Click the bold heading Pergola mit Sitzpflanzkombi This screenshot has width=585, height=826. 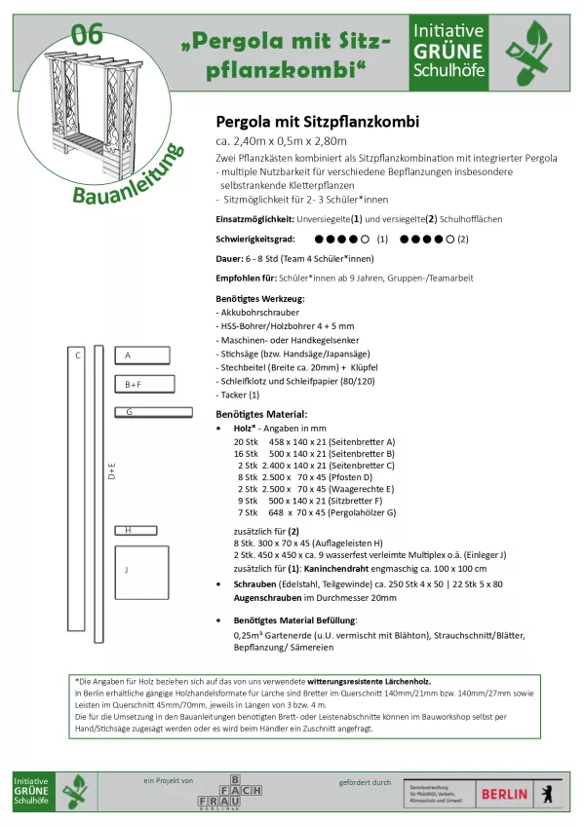pos(317,123)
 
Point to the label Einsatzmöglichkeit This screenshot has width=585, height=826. pos(255,219)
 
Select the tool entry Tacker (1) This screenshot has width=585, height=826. pos(239,394)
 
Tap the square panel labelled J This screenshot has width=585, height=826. pos(141,573)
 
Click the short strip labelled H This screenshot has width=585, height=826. pos(136,530)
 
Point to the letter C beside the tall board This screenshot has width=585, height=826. pos(78,356)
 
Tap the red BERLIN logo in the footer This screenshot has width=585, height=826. pos(506,794)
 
